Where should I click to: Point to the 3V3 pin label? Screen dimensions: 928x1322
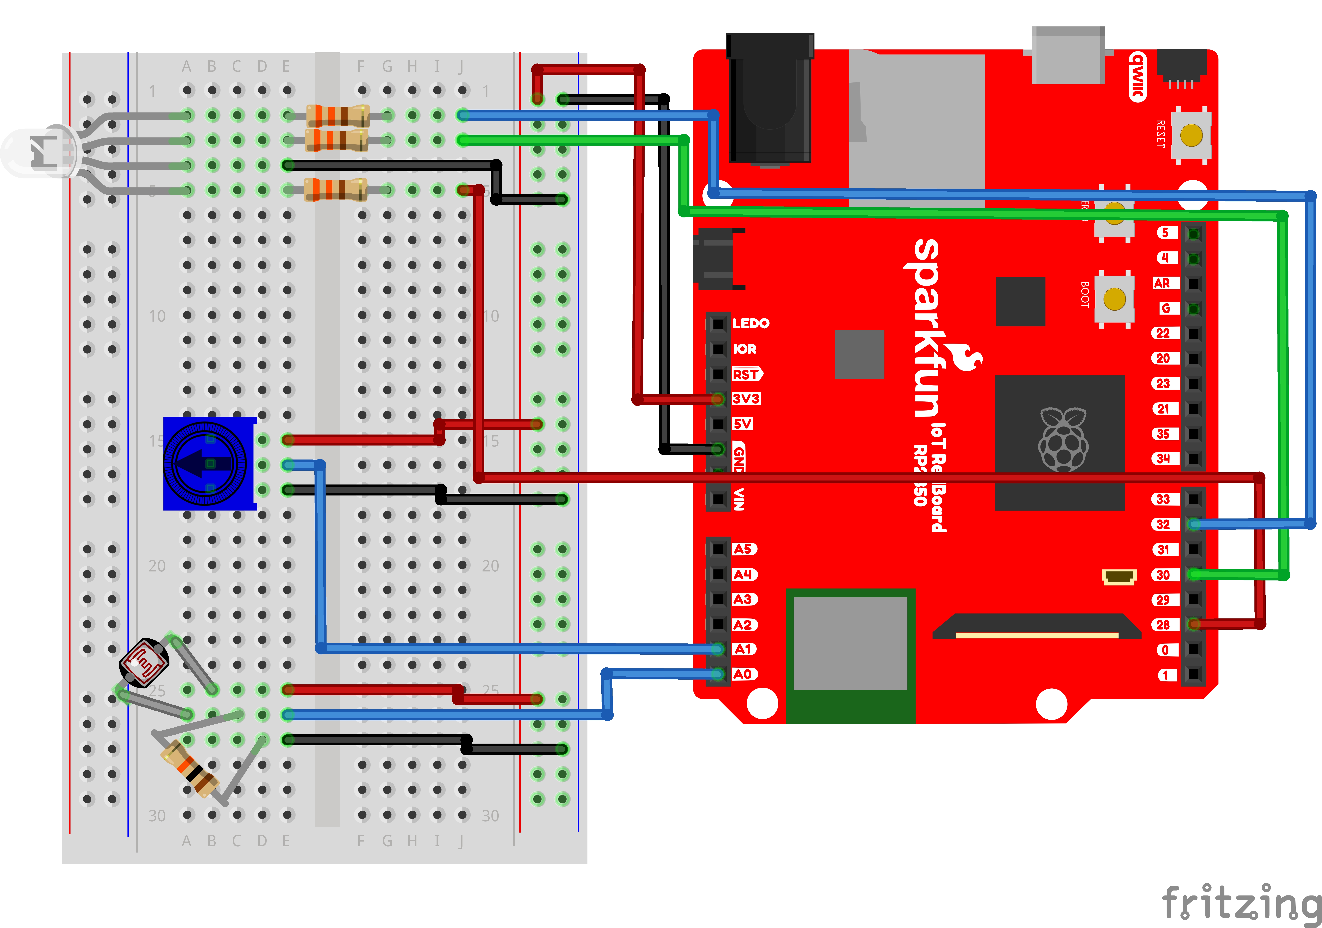pos(746,399)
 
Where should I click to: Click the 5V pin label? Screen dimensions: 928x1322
pos(742,424)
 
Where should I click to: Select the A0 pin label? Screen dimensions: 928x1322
pos(743,674)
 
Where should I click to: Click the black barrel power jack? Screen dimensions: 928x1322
pos(770,98)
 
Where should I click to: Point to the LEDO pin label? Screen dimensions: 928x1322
pos(750,323)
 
